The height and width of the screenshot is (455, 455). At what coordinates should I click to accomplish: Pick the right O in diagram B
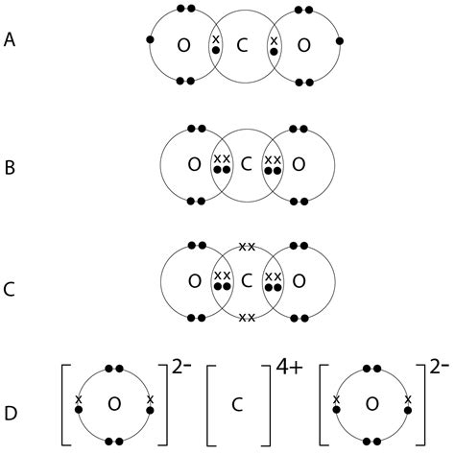[299, 164]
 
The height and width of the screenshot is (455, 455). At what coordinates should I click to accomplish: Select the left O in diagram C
[196, 281]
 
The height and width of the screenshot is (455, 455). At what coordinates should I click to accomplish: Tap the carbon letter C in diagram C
[247, 281]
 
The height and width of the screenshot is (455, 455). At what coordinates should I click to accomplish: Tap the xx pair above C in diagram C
[247, 248]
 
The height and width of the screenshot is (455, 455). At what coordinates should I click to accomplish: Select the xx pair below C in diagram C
[247, 317]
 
